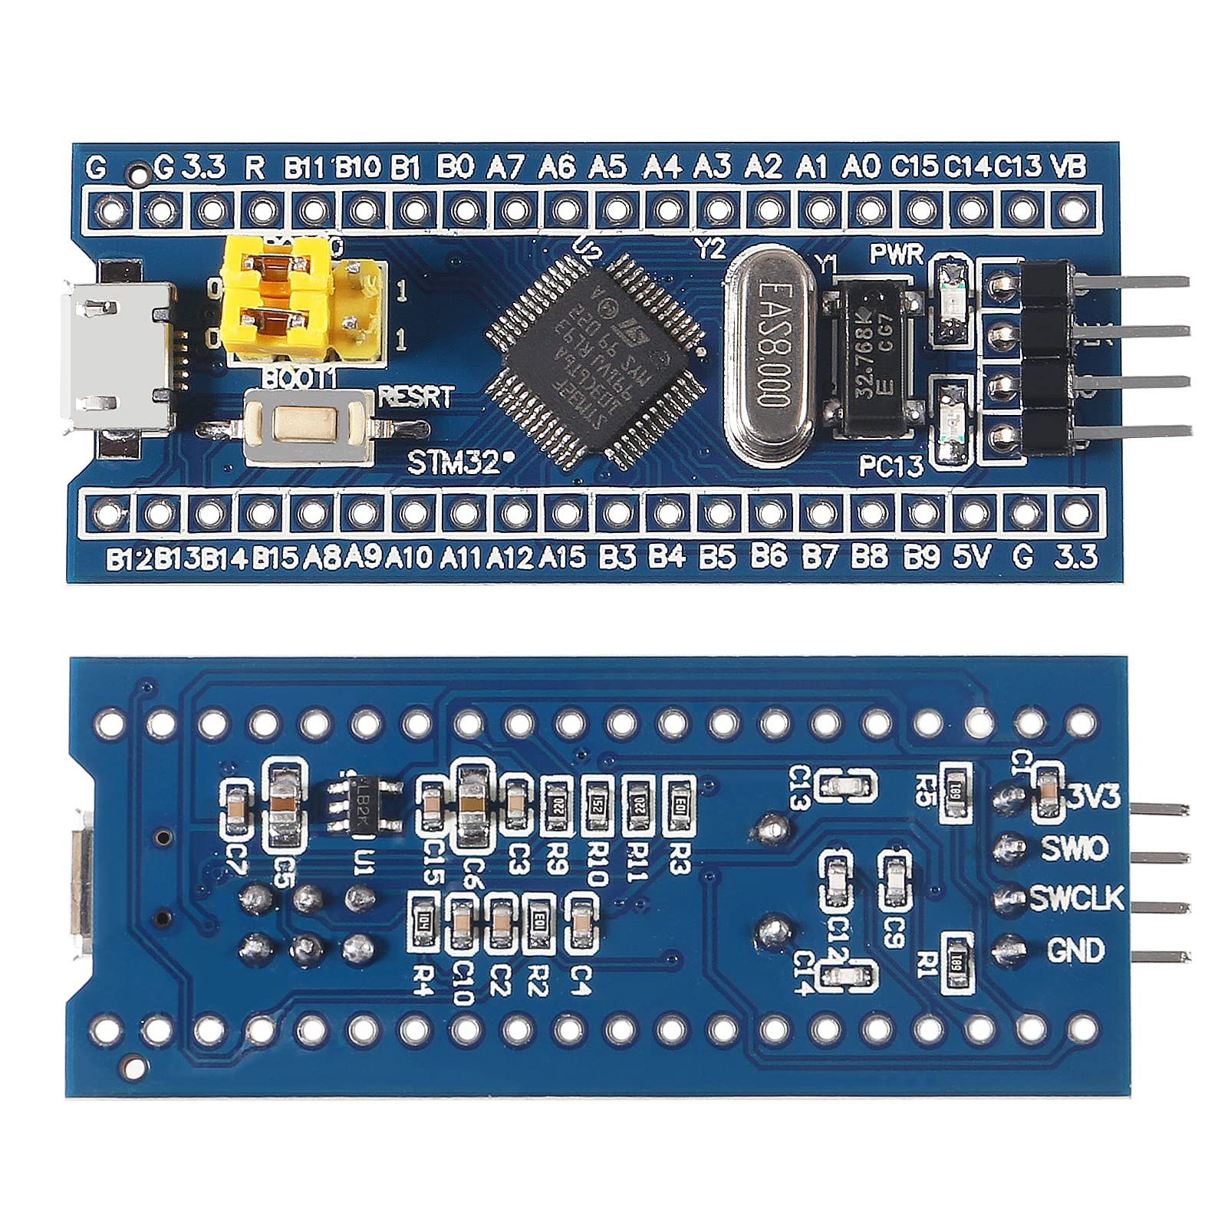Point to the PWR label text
coord(897,255)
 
